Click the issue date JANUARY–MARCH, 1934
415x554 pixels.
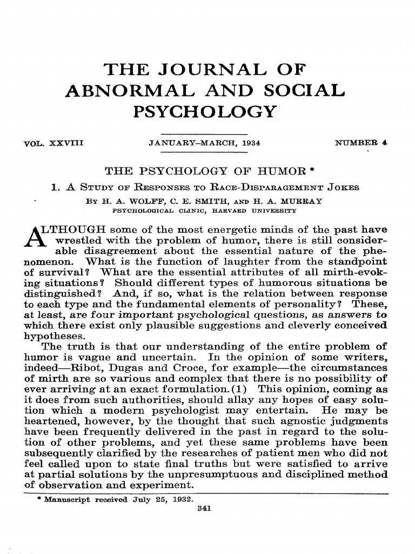click(x=204, y=143)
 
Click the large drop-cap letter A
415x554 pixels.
click(x=34, y=229)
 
